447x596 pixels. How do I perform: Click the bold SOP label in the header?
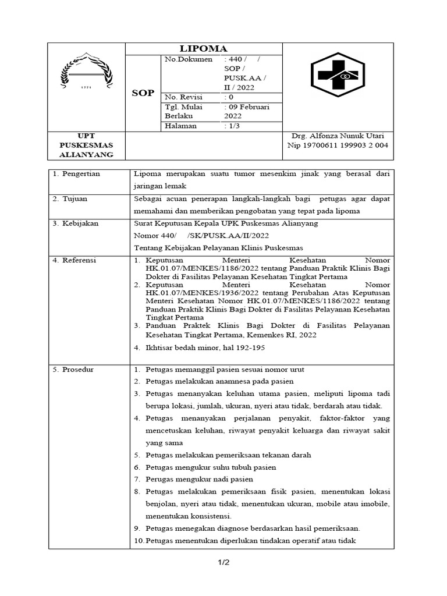[143, 93]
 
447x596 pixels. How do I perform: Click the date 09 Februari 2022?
[246, 111]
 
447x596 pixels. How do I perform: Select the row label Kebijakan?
[80, 223]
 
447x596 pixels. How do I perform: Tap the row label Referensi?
[80, 260]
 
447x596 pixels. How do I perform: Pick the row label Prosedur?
[78, 370]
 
